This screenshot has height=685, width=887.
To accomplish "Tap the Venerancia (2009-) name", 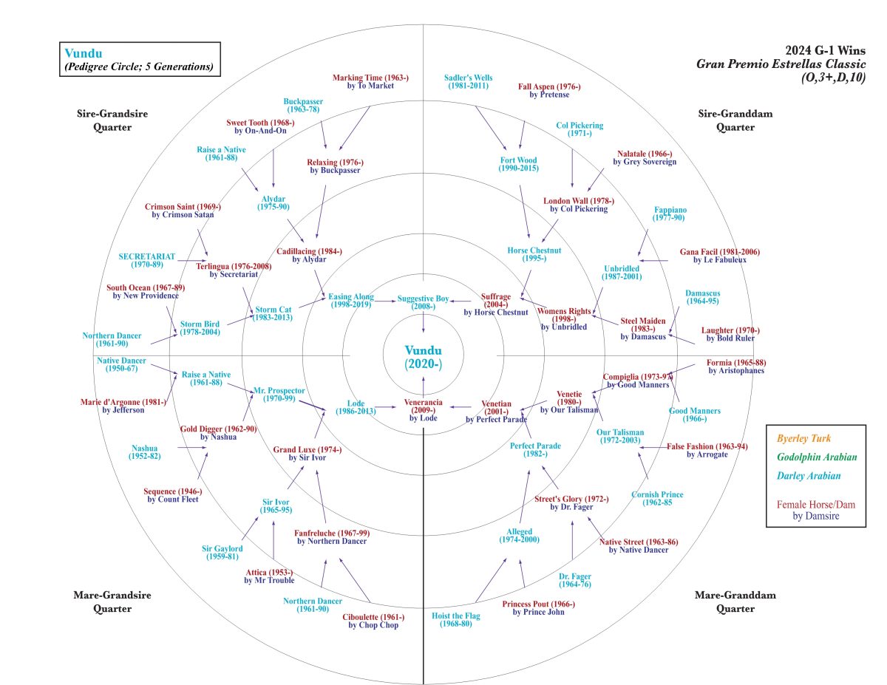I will tap(423, 407).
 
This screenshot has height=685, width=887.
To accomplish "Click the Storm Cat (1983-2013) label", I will tap(273, 313).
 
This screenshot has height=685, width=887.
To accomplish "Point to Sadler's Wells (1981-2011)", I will tap(469, 82).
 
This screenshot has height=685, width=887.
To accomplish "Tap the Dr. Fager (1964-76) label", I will tap(574, 580).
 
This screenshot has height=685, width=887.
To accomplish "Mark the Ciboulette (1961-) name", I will tap(373, 621).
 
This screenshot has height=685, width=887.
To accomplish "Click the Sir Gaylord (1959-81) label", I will tap(222, 552).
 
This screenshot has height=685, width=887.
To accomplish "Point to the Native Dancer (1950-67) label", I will tap(122, 364).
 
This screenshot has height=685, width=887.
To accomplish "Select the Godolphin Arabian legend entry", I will tap(816, 457).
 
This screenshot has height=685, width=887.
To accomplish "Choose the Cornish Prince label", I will tap(657, 499).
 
